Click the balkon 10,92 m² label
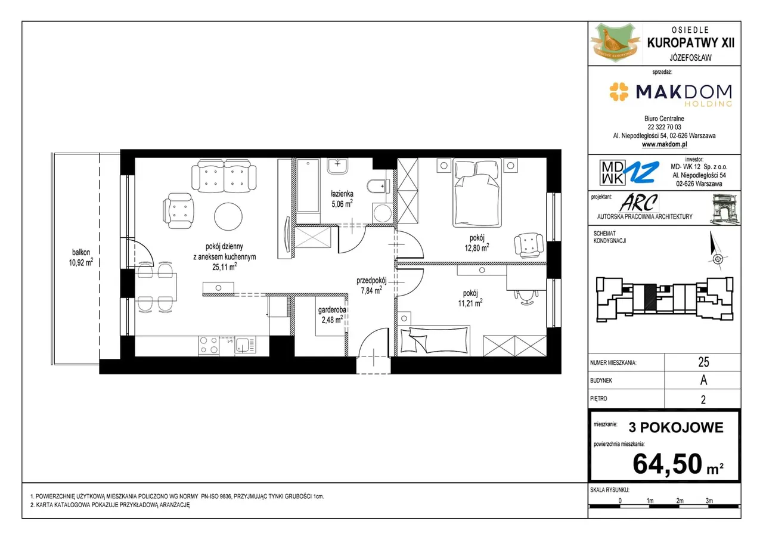80,257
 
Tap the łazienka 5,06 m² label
342,199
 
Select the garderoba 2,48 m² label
332,315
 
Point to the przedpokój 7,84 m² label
371,285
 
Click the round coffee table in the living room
228,216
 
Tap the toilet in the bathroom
378,186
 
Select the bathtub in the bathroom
308,185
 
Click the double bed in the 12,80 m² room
477,193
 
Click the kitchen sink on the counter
245,345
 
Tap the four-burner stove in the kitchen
209,345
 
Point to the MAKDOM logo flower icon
619,92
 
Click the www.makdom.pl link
664,144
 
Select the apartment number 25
703,362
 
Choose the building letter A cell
703,380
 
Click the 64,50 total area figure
667,463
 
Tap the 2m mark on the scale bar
680,501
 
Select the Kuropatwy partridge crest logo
615,43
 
